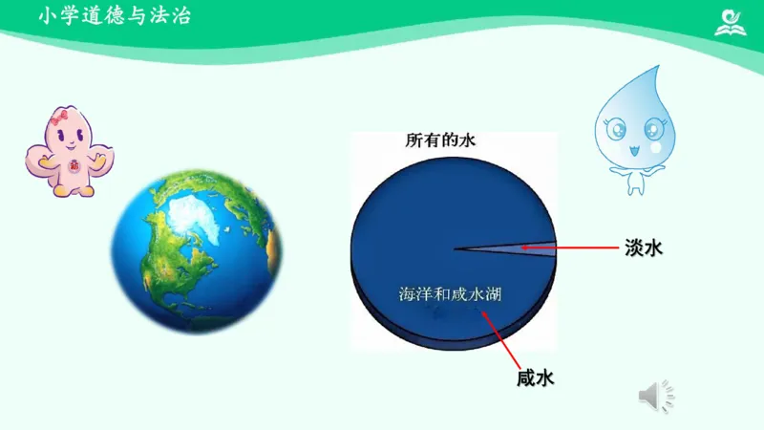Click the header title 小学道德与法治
(x=114, y=16)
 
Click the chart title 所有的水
(x=440, y=140)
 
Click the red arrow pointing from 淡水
(x=573, y=248)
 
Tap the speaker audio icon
(x=656, y=396)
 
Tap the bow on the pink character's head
(x=63, y=118)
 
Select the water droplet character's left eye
(x=612, y=126)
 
